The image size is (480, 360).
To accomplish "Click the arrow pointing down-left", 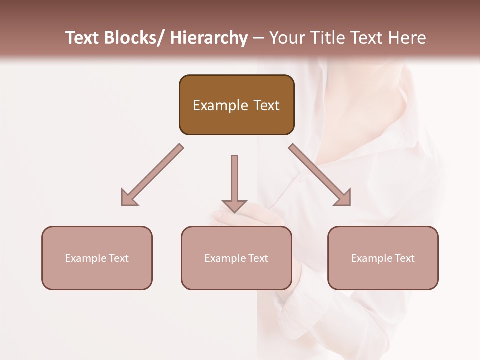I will click(152, 175).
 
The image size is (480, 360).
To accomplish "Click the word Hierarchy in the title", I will click(209, 38).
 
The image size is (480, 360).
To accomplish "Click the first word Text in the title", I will click(82, 38).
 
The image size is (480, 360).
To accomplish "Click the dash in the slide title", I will click(258, 38).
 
